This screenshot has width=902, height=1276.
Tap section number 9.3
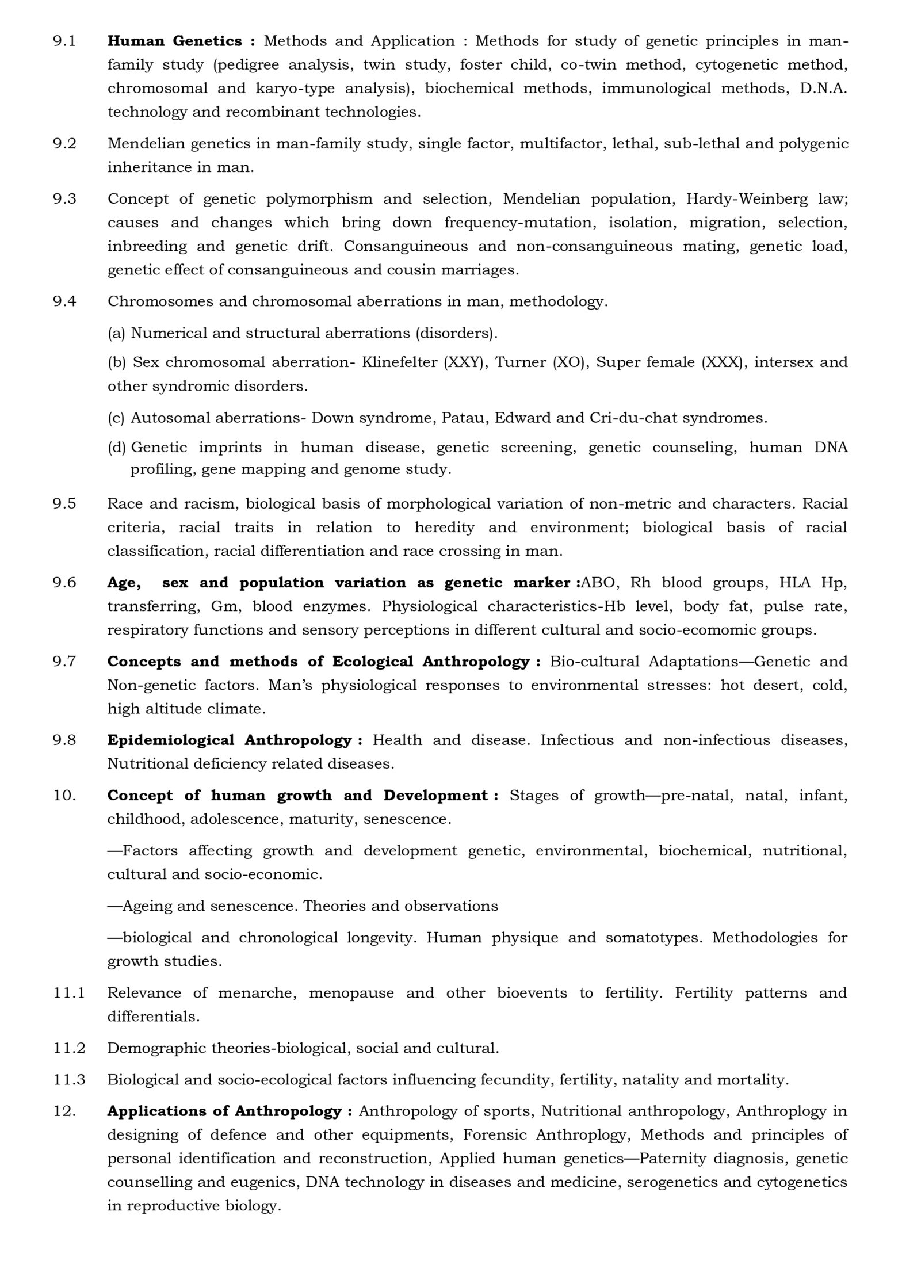click(x=64, y=199)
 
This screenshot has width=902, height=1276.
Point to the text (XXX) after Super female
click(x=722, y=362)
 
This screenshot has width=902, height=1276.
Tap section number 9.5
click(x=64, y=504)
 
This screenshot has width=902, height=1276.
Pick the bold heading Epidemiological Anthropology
click(x=229, y=740)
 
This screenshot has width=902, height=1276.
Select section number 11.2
click(x=69, y=1048)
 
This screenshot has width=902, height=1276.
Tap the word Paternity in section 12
click(x=668, y=1159)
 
